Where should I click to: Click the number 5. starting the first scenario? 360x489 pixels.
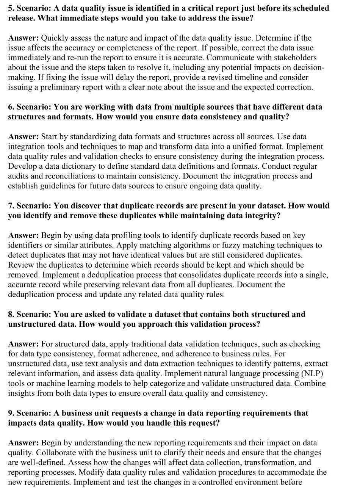pyautogui.click(x=11, y=8)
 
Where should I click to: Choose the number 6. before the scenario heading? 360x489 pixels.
pyautogui.click(x=11, y=107)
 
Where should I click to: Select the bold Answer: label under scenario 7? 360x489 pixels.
pyautogui.click(x=23, y=235)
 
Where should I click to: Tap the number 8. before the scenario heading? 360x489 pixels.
pyautogui.click(x=11, y=314)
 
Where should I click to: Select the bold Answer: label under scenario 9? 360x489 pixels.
pyautogui.click(x=23, y=443)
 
